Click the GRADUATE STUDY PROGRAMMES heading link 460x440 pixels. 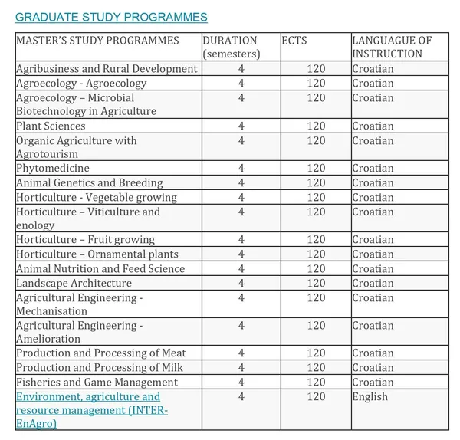[x=111, y=17]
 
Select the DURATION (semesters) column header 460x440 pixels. [x=231, y=47]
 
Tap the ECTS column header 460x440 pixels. [x=294, y=40]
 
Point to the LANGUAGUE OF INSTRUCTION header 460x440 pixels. [x=392, y=47]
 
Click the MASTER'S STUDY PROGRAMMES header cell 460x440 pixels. [x=97, y=40]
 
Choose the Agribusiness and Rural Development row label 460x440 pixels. [x=107, y=69]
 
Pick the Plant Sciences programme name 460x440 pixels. [x=51, y=126]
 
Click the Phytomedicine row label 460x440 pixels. [x=52, y=169]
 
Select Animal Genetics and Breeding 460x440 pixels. [x=89, y=183]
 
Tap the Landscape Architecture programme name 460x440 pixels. [x=74, y=283]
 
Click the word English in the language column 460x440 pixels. [x=370, y=396]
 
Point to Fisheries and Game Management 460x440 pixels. [x=97, y=382]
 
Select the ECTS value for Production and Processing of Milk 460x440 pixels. [x=316, y=368]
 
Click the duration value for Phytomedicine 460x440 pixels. [x=242, y=169]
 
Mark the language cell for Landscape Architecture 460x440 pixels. [x=373, y=283]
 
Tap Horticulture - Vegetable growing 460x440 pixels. [x=96, y=197]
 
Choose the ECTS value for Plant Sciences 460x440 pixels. [x=316, y=126]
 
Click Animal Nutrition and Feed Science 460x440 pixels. [x=100, y=268]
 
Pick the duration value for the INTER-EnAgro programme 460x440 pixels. [x=242, y=396]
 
